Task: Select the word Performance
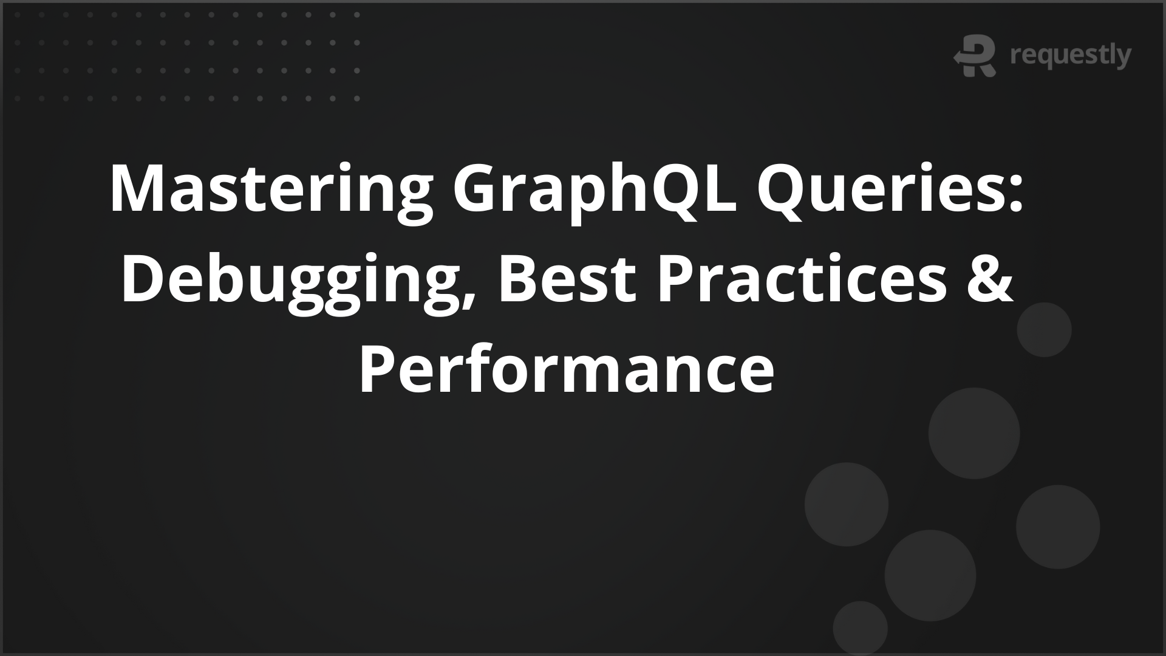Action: tap(566, 371)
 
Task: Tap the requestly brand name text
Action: tap(1070, 56)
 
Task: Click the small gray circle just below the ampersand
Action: tap(1044, 330)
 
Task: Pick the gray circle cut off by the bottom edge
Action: tap(861, 632)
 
